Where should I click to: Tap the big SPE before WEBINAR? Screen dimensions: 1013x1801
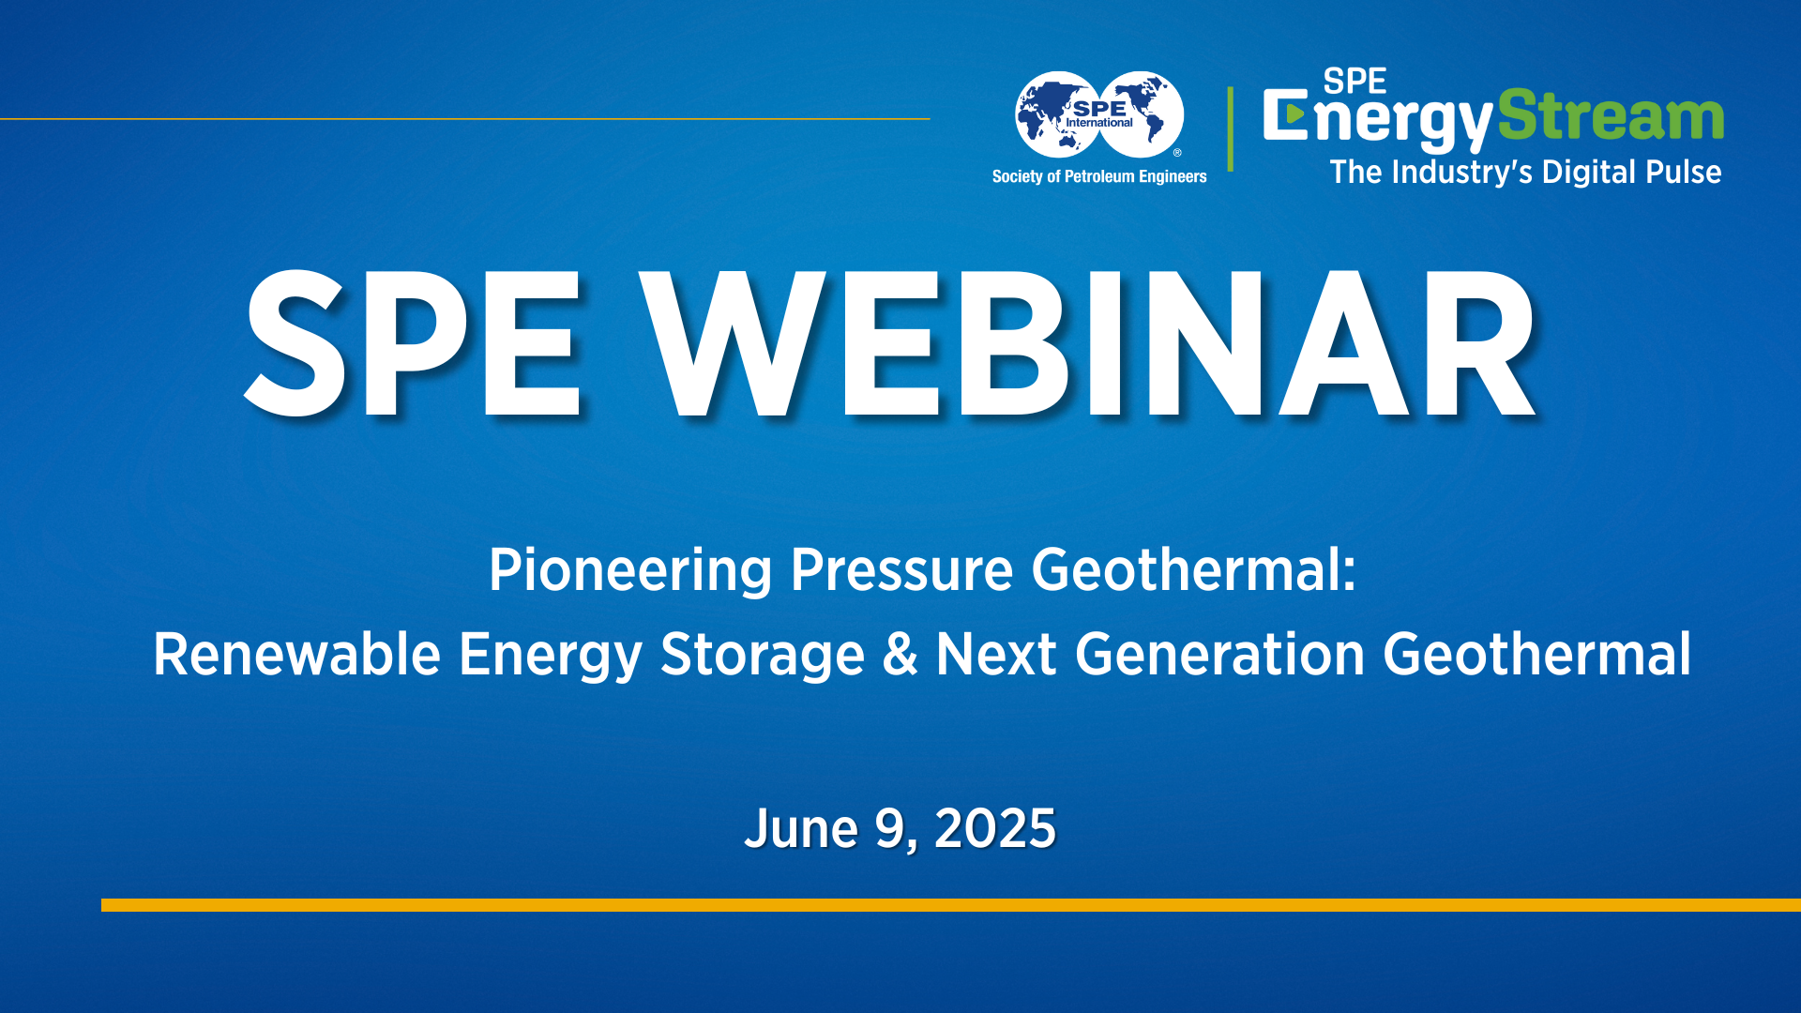tap(413, 343)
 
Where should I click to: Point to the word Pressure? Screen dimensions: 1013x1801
tap(901, 570)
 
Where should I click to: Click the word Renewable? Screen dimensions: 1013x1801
tap(296, 655)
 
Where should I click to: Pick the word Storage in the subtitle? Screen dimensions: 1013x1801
tap(762, 655)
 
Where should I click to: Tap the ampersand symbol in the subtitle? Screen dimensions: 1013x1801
tap(900, 655)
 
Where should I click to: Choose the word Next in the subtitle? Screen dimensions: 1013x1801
tap(996, 655)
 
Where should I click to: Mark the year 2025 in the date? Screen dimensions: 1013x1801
tap(995, 829)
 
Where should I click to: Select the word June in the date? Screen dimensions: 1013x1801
tap(801, 829)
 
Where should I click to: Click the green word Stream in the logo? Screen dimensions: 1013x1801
tap(1610, 116)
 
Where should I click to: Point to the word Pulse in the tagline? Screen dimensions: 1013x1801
tap(1684, 173)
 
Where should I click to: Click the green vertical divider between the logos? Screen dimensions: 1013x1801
tap(1230, 129)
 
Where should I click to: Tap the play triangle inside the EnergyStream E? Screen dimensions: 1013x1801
tap(1294, 114)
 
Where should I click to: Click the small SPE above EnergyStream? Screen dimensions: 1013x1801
tap(1355, 82)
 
